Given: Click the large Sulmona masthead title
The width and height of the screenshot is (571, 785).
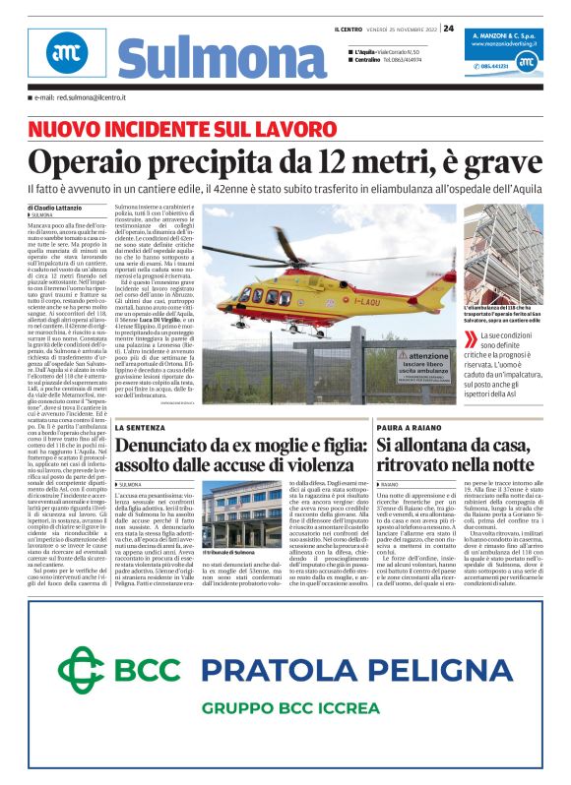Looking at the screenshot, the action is (x=208, y=58).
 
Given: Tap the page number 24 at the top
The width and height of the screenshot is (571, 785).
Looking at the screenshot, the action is (x=448, y=28).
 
